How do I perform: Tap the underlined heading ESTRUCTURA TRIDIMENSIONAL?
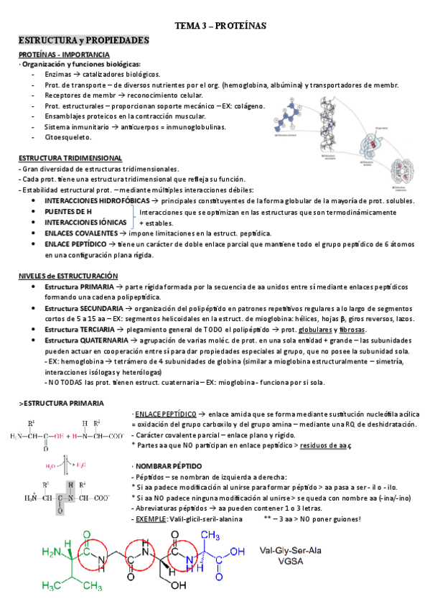pos(70,158)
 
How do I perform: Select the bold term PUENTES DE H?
pos(68,213)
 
